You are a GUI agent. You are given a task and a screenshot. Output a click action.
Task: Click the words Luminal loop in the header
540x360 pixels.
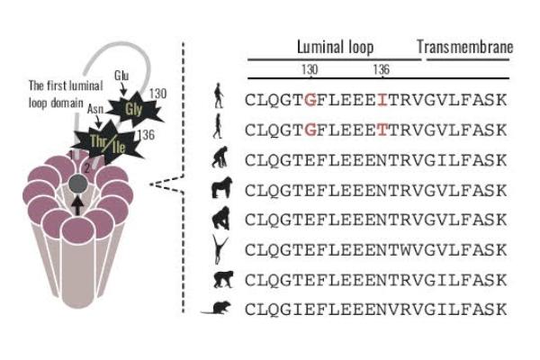click(x=336, y=47)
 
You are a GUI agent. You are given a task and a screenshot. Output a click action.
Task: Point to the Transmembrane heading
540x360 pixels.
click(x=465, y=47)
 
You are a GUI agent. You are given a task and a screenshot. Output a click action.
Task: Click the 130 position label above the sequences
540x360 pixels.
click(x=310, y=70)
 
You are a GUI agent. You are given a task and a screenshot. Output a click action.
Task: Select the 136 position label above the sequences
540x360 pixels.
click(x=381, y=70)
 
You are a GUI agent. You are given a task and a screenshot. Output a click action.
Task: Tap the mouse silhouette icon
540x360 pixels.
click(x=218, y=308)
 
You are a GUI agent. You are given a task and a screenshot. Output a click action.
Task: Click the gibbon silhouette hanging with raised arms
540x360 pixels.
click(x=219, y=248)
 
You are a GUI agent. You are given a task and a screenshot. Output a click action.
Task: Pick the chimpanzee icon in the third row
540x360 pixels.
click(x=219, y=159)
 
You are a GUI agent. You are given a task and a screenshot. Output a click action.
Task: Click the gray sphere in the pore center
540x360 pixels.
click(x=78, y=184)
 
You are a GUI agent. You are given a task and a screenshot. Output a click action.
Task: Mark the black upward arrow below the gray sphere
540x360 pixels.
click(x=78, y=204)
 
